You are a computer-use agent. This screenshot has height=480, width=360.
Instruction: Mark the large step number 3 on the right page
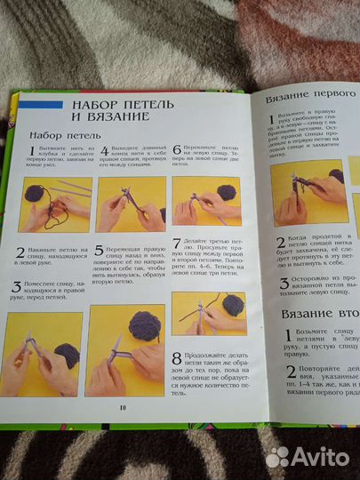(x=278, y=282)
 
